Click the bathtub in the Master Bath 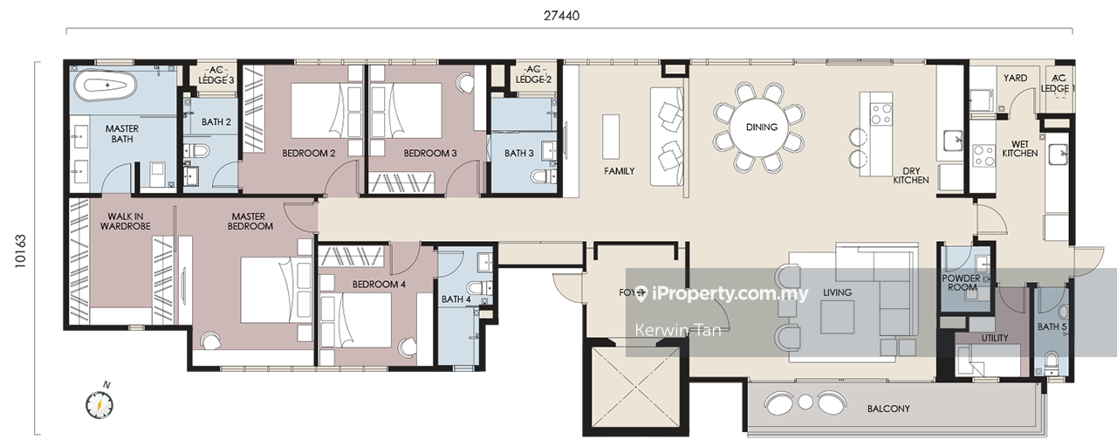pos(106,86)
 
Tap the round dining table pos(761,127)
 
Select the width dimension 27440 pos(561,16)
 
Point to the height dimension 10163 pos(20,251)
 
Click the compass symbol pos(99,403)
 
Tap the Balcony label pos(888,409)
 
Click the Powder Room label pos(962,283)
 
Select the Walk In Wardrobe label pos(125,221)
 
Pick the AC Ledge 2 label pos(533,74)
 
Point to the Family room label pos(619,171)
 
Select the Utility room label pos(994,338)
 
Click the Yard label pos(1015,78)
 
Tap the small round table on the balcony pos(805,402)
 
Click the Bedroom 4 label pos(379,285)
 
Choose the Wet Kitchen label pos(1020,148)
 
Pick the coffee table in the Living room pos(837,317)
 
